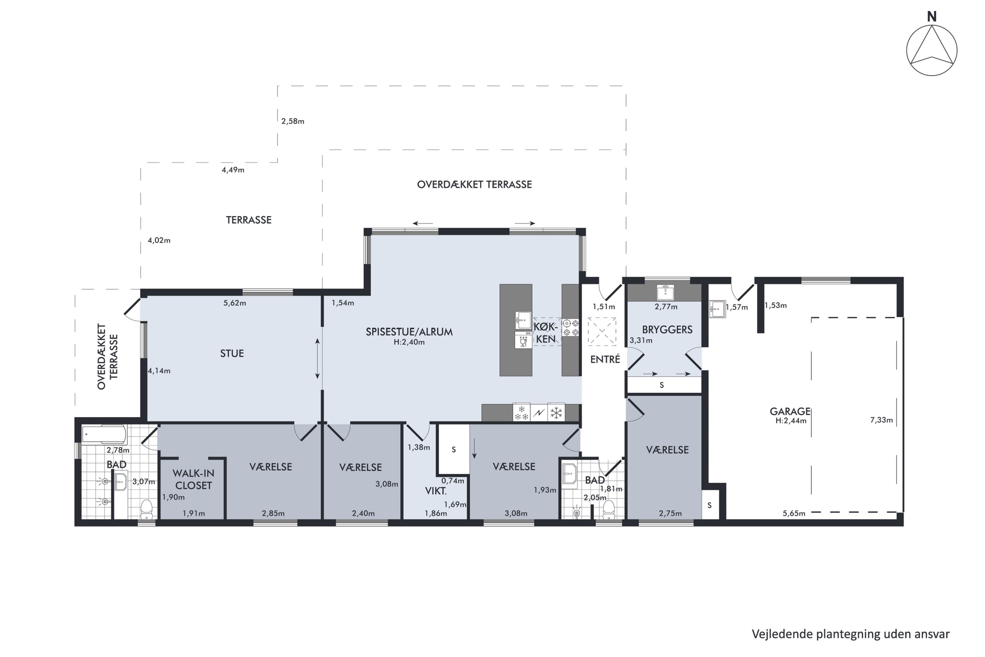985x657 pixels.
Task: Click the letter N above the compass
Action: pyautogui.click(x=931, y=17)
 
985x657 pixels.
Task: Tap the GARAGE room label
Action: pyautogui.click(x=790, y=412)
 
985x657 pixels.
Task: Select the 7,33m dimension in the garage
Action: pyautogui.click(x=882, y=420)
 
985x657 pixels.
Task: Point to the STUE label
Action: pyautogui.click(x=232, y=353)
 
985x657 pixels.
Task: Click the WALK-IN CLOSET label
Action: pyautogui.click(x=193, y=479)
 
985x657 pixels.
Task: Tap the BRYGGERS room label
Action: pyautogui.click(x=667, y=329)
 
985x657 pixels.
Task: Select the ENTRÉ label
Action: pyautogui.click(x=605, y=359)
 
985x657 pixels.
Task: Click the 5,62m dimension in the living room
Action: pyautogui.click(x=234, y=303)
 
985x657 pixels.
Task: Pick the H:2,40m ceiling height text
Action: pyautogui.click(x=409, y=342)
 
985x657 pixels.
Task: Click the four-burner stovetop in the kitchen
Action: pyautogui.click(x=570, y=328)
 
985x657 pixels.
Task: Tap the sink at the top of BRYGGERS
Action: pyautogui.click(x=665, y=292)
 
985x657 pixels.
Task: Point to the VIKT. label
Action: pyautogui.click(x=436, y=491)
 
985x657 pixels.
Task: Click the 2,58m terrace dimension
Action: pyautogui.click(x=293, y=121)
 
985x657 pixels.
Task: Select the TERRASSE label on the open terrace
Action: pyautogui.click(x=249, y=220)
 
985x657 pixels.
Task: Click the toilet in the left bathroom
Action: pyautogui.click(x=146, y=508)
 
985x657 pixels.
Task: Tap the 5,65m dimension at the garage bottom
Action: pyautogui.click(x=794, y=513)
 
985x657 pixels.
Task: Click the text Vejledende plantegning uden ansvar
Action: pyautogui.click(x=851, y=634)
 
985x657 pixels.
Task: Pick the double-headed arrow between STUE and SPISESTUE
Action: pyautogui.click(x=317, y=359)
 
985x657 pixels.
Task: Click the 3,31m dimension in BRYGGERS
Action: pyautogui.click(x=641, y=340)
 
